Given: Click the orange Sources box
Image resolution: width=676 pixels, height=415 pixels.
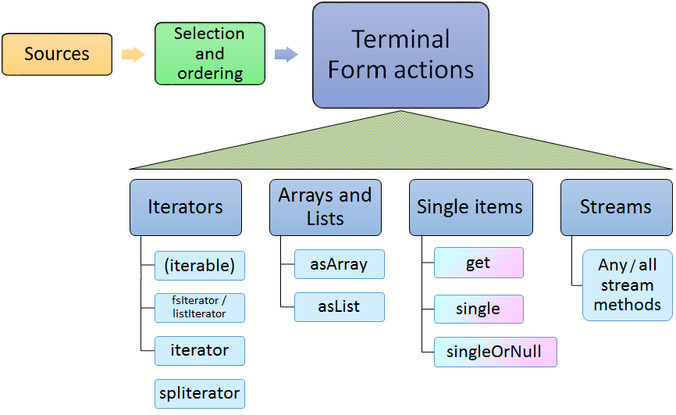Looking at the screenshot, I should pos(57,54).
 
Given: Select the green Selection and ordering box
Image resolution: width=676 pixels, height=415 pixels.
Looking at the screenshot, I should pos(210,54).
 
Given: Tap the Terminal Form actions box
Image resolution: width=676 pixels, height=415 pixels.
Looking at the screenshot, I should pos(400,55).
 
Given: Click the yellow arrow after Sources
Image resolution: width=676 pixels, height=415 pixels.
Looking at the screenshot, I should pos(133,54).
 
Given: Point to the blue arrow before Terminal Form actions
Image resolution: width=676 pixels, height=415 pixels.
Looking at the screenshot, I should pos(286,54).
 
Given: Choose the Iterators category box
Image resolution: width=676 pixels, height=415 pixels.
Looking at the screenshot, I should pos(186,207).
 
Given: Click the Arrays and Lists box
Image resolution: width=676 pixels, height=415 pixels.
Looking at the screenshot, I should pos(325,207).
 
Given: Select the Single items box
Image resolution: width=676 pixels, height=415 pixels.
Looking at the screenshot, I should pos(471,207).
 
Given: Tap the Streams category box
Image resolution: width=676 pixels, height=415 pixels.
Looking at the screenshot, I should pos(616,207).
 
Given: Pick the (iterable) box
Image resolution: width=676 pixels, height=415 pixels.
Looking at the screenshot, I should pos(200,266).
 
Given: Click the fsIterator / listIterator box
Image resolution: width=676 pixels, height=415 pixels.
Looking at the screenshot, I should pos(200,307).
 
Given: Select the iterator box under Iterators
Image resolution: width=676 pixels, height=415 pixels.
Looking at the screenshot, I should pos(200,351).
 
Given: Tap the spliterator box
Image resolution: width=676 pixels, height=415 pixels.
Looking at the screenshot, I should pos(200,393).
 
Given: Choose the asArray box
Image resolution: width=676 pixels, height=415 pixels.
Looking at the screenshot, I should pos(340,264).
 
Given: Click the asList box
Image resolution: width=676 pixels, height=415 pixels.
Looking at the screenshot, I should pos(340,307).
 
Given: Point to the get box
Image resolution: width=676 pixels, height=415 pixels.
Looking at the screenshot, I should pos(478,263).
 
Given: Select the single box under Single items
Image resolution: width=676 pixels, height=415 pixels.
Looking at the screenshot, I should pos(478,309).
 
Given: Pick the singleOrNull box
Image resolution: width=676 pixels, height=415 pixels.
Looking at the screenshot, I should pos(489,352).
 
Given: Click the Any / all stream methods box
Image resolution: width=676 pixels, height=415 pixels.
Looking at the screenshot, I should pos(628,285).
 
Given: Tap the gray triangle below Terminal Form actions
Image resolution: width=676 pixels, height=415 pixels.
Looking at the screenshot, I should pos(401,145).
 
